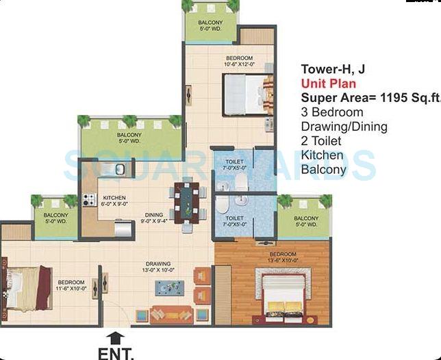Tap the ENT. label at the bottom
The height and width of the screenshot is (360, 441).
[x=116, y=353]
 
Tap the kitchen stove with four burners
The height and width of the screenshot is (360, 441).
[x=89, y=200]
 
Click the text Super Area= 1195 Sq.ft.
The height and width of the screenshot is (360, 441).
[x=369, y=97]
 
